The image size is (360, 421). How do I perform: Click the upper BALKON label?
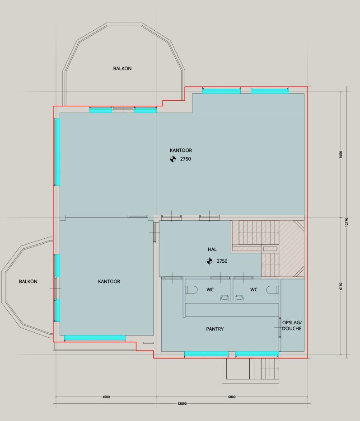click(x=122, y=68)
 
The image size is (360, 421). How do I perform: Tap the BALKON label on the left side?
click(x=28, y=281)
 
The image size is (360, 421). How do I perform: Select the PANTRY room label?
click(x=215, y=329)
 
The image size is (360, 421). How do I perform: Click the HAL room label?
click(x=212, y=250)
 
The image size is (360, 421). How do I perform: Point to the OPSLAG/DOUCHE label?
click(x=292, y=326)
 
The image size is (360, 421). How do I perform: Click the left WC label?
click(x=210, y=290)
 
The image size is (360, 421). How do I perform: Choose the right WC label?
click(x=254, y=290)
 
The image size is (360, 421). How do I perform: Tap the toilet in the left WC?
click(x=191, y=290)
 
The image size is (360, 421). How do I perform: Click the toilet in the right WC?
click(x=272, y=290)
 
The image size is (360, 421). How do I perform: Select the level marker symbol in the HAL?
click(x=209, y=261)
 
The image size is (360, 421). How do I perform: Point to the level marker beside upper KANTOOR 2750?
click(x=173, y=159)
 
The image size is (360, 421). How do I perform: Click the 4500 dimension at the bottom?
click(x=106, y=397)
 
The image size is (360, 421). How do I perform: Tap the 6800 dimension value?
click(x=232, y=397)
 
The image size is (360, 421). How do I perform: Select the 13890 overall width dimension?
click(x=182, y=403)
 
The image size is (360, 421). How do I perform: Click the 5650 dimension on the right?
click(x=341, y=154)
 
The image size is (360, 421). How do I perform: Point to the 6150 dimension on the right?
click(x=341, y=286)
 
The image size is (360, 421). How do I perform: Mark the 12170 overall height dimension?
click(x=346, y=222)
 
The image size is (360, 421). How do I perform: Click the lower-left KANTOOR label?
click(x=109, y=281)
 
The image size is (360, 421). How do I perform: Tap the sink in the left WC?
click(x=225, y=298)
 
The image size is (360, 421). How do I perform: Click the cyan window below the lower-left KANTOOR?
click(x=95, y=338)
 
